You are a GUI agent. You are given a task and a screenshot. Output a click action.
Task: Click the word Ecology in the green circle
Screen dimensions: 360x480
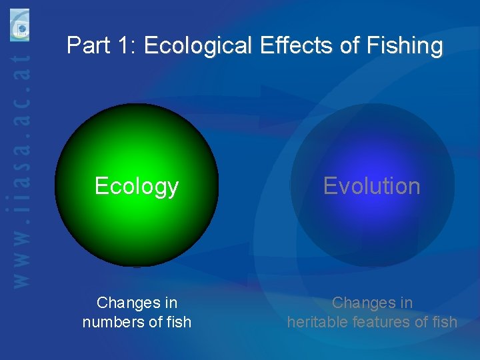click(x=137, y=186)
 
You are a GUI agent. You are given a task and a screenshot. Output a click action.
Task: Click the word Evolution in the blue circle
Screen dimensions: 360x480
click(x=371, y=186)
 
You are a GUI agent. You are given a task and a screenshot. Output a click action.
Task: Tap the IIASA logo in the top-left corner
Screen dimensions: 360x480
click(x=20, y=25)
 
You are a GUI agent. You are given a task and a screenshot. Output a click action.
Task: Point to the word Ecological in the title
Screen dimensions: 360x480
click(x=198, y=46)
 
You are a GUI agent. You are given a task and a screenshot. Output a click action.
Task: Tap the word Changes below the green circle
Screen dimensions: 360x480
click(x=127, y=303)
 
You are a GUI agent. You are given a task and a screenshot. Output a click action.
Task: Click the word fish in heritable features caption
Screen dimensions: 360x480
click(x=444, y=322)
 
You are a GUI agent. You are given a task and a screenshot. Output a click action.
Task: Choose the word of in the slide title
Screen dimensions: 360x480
click(x=347, y=46)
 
